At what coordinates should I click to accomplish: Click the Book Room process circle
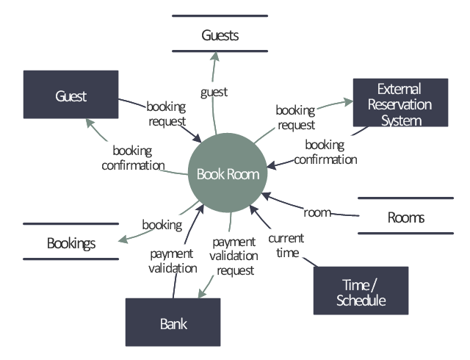[x=228, y=174]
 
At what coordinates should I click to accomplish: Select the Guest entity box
[x=70, y=95]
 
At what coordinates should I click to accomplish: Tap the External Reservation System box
[x=400, y=104]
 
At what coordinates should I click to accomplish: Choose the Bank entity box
[x=173, y=323]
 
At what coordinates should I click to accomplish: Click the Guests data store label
[x=220, y=35]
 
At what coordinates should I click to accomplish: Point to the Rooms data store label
[x=405, y=217]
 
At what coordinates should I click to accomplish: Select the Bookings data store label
[x=71, y=242]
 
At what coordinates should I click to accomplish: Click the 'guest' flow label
[x=214, y=92]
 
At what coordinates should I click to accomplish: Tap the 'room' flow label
[x=318, y=212]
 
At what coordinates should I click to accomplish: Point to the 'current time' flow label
[x=286, y=245]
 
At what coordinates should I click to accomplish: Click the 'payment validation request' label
[x=235, y=256]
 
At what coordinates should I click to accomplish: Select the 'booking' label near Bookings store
[x=162, y=225]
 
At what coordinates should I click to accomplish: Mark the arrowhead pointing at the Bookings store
[x=123, y=239]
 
